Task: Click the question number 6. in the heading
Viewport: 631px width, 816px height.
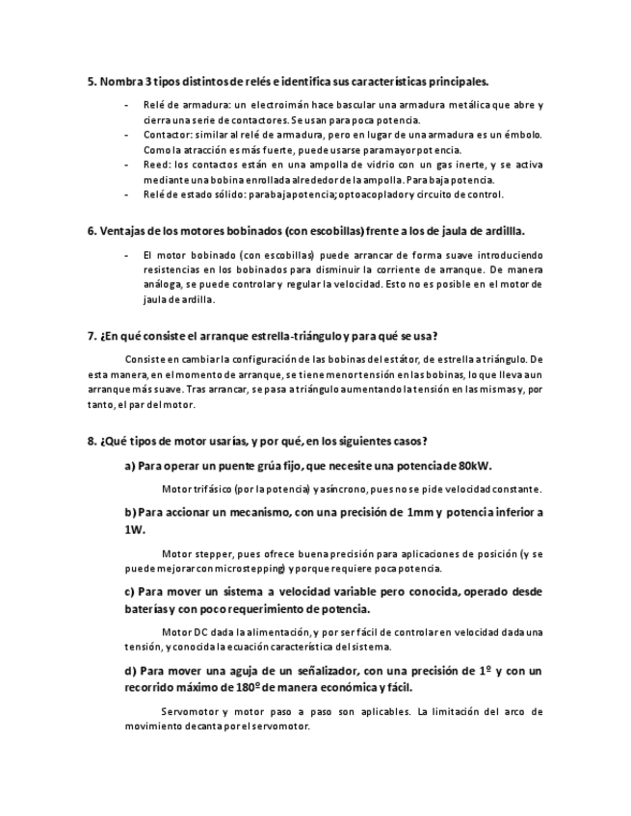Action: coord(92,232)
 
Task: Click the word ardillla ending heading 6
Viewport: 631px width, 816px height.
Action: coord(501,232)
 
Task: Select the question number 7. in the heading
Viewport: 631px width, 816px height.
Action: coord(92,336)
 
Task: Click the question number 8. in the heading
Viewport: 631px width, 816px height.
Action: coord(92,442)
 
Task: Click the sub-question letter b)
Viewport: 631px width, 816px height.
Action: coord(130,512)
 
